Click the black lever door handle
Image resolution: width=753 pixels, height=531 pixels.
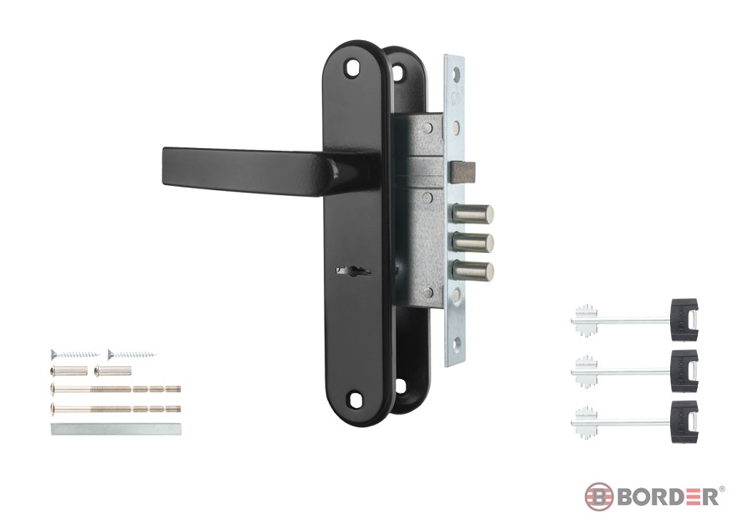(x=249, y=171)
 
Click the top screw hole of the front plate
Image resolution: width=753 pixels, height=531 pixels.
(x=354, y=68)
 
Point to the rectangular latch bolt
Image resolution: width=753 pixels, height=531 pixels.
(x=462, y=172)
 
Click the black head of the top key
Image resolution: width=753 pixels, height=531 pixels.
(x=684, y=320)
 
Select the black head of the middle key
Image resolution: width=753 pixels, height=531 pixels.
(x=684, y=370)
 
